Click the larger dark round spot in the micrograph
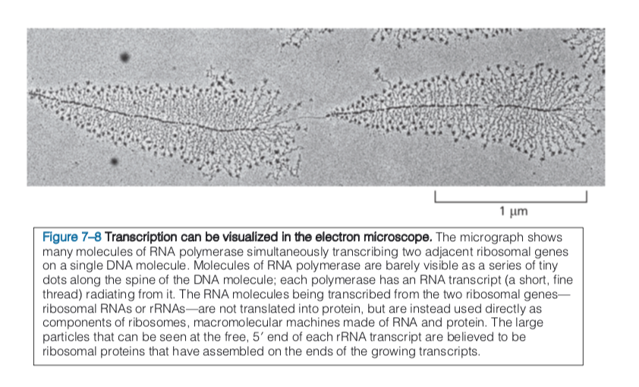(x=124, y=56)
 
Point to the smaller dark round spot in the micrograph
(x=114, y=161)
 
